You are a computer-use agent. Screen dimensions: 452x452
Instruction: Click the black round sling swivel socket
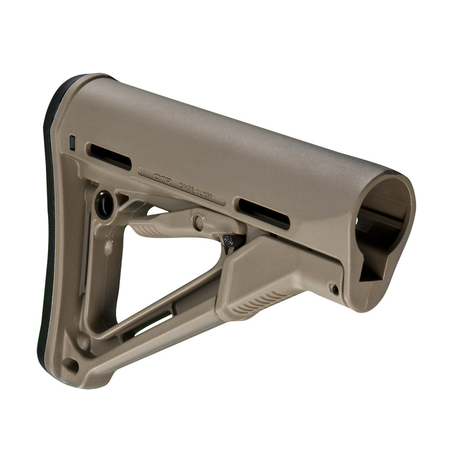click(x=104, y=205)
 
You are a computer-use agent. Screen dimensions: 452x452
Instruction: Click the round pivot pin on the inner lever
click(x=198, y=222)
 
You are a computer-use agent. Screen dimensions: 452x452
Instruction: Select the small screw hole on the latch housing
click(x=334, y=289)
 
